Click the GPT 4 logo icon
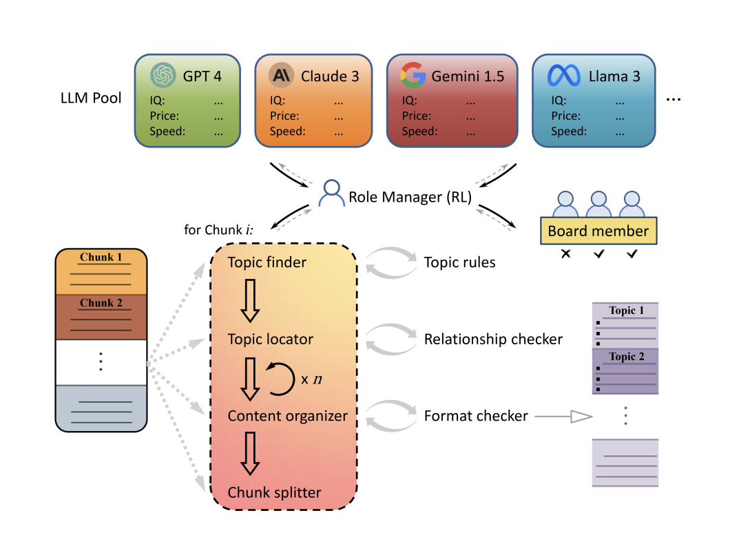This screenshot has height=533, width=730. tap(164, 75)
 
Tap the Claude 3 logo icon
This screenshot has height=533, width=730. tap(282, 75)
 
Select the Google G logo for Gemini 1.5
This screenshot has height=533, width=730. tap(413, 75)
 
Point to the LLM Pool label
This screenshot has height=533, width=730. tap(91, 98)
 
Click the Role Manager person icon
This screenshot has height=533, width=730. tap(332, 195)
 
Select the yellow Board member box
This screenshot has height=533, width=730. tap(598, 231)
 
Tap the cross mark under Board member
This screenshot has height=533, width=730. tap(566, 254)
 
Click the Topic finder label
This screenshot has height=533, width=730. tap(267, 262)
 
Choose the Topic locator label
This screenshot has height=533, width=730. tap(271, 339)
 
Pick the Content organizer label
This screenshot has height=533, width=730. tap(288, 416)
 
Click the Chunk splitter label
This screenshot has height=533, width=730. tap(274, 492)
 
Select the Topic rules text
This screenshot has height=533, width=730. tap(460, 262)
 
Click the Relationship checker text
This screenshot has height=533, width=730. tap(493, 339)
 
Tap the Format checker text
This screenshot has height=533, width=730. tap(476, 416)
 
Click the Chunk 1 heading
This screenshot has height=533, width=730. tap(101, 258)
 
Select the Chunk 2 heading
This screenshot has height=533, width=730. tap(101, 303)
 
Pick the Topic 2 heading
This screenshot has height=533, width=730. tap(626, 356)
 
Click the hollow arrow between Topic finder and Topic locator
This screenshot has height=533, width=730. tap(249, 301)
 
